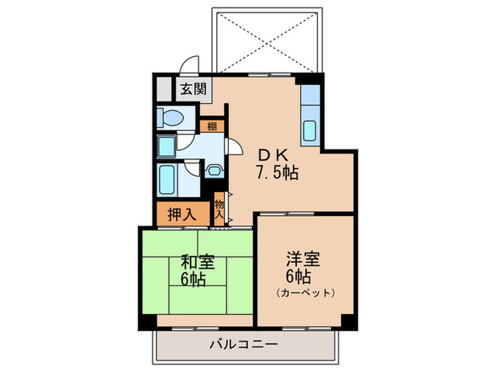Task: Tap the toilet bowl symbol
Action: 171,117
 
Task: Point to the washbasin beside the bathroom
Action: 213,170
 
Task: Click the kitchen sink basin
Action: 310,130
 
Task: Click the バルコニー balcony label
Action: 243,345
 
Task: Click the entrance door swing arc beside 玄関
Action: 189,64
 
